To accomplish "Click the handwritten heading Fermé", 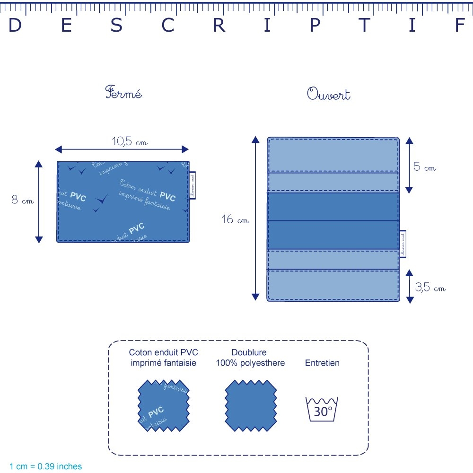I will click(123, 93).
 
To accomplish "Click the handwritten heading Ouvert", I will click(329, 94).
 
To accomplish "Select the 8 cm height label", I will click(22, 200).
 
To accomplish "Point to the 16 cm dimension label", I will click(235, 219).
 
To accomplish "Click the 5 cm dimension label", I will click(424, 167).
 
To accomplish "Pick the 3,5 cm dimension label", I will click(430, 287).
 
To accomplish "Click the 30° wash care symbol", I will click(323, 409).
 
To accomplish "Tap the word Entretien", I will click(322, 363).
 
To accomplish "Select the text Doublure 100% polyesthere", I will click(250, 358).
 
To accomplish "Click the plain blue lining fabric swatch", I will click(250, 405).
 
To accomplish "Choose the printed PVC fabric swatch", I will click(163, 405).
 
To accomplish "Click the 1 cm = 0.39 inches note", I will click(45, 466).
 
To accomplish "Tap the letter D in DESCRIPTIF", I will click(15, 26).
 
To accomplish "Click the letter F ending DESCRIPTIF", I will click(460, 26).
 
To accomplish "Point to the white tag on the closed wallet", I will click(192, 185).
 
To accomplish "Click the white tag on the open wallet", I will click(403, 244).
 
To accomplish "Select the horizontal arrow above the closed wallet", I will click(122, 149).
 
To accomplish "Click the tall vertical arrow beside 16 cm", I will click(255, 218).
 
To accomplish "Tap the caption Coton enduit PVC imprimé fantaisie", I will click(163, 358).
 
